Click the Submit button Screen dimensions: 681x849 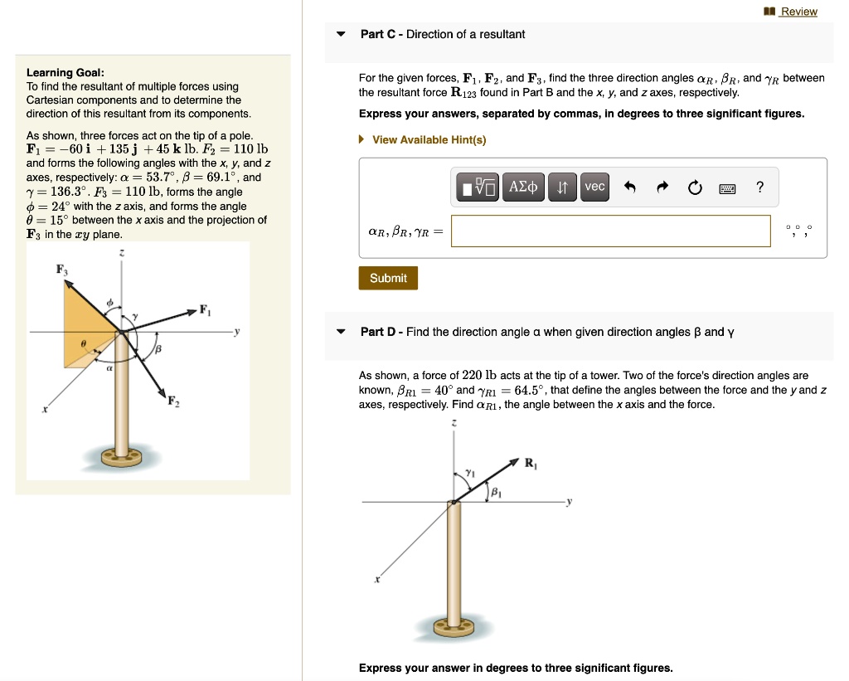(388, 278)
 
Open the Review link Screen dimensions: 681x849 (798, 12)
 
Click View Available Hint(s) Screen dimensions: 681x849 (429, 139)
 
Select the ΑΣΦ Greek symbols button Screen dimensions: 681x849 (522, 187)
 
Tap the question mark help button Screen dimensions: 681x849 (759, 187)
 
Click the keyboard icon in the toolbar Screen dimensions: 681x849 (727, 188)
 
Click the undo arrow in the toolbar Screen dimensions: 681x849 (629, 187)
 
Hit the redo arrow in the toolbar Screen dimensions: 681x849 (662, 187)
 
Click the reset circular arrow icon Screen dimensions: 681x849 (694, 187)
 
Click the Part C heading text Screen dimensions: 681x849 (442, 34)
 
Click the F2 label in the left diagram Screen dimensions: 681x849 (173, 402)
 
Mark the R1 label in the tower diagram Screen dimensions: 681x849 (531, 464)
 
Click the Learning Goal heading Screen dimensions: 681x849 (65, 72)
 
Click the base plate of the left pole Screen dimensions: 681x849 (123, 456)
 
